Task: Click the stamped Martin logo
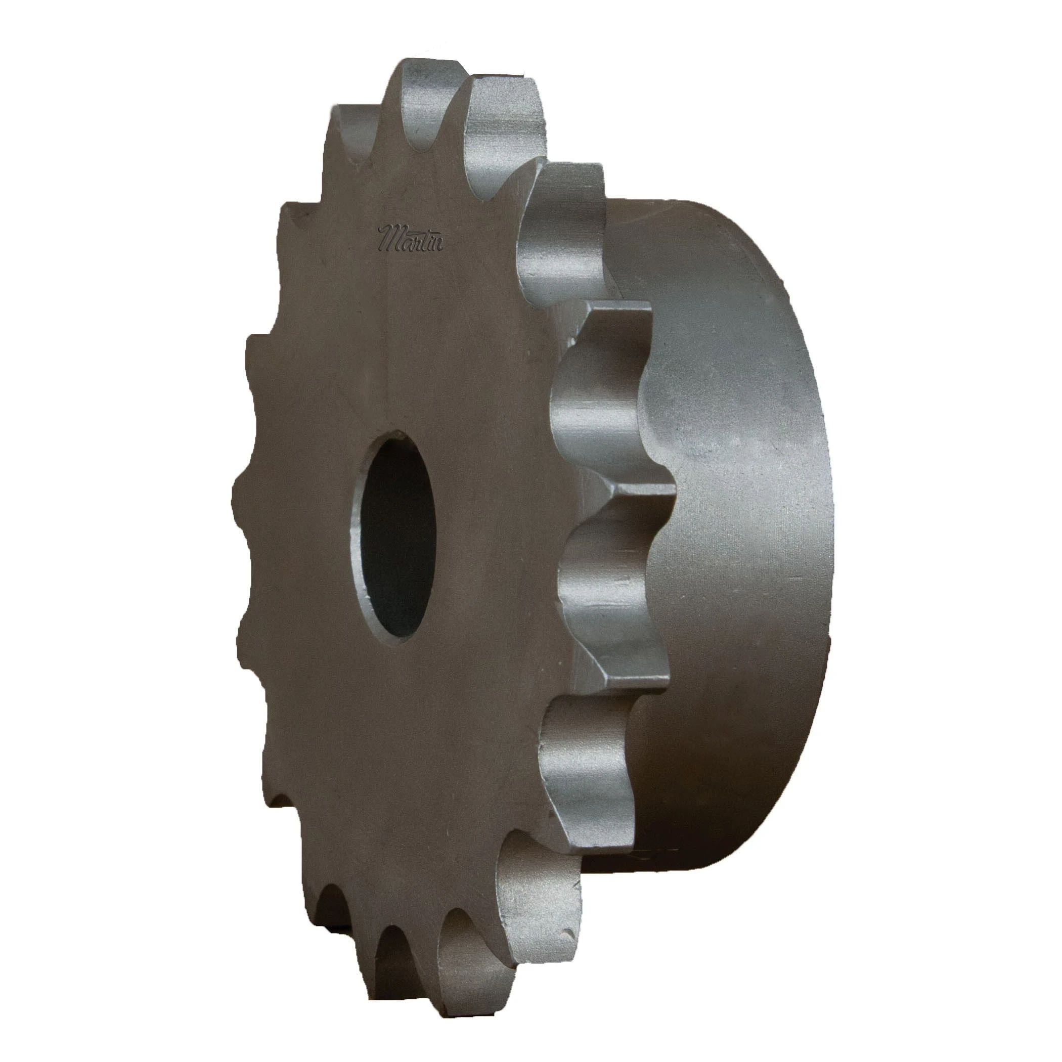coord(411,238)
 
